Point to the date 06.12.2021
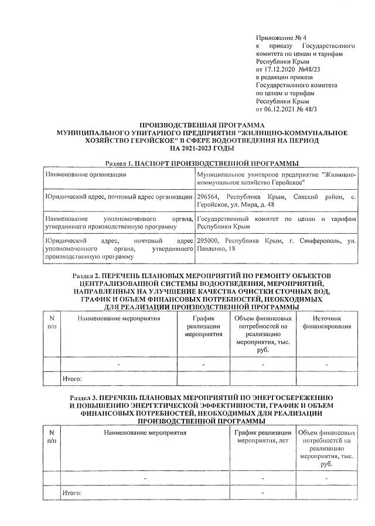coord(281,108)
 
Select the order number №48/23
coord(314,69)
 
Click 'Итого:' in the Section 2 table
coord(72,380)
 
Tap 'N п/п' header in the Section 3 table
coord(52,436)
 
